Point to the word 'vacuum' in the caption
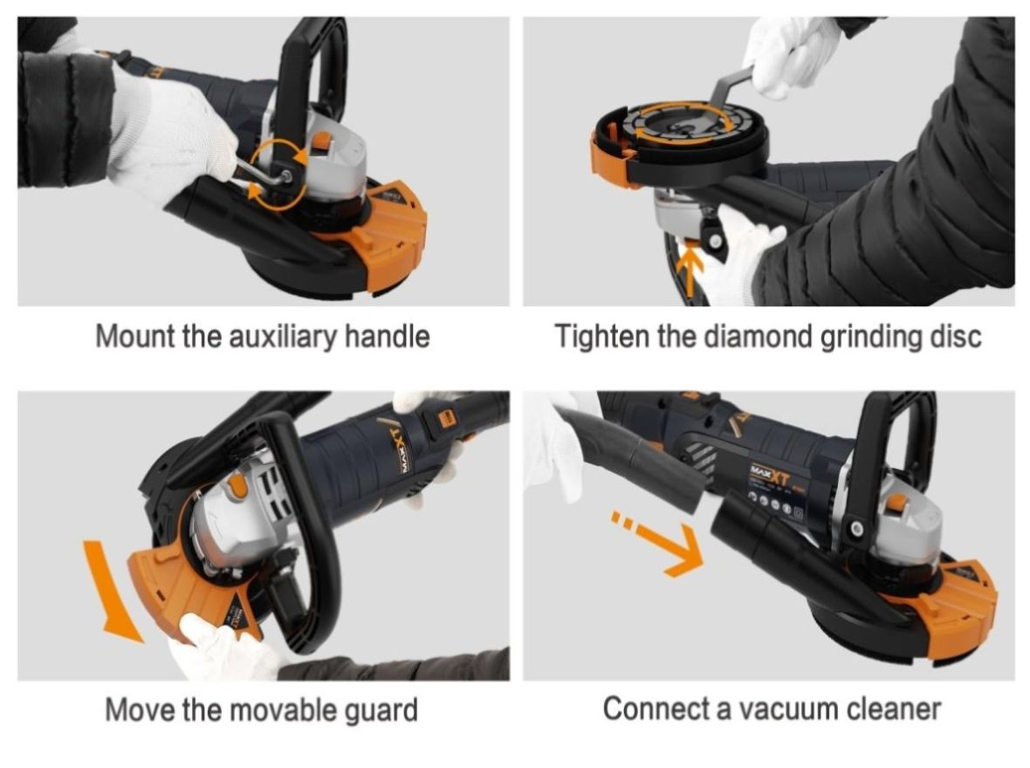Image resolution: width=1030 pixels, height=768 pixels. [787, 710]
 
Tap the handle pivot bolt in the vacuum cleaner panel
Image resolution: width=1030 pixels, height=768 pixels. [855, 528]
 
